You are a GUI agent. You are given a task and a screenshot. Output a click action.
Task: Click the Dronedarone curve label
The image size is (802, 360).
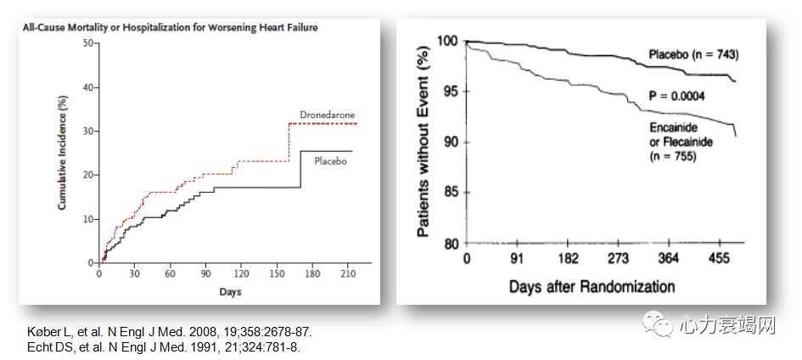click(328, 115)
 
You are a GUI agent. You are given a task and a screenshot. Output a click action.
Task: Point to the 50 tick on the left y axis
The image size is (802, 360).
click(89, 43)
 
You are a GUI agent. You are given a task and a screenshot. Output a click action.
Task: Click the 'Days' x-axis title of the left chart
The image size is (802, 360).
click(229, 292)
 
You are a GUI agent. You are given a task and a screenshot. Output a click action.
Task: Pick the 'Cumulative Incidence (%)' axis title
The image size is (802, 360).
click(64, 154)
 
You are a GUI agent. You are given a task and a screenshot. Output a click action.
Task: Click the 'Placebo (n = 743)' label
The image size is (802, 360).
click(694, 55)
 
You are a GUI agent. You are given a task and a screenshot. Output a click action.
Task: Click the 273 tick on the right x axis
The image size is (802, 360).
click(619, 258)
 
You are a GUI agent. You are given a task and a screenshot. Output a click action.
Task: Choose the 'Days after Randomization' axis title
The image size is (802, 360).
click(592, 286)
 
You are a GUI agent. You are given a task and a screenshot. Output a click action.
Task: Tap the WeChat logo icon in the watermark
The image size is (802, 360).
click(655, 324)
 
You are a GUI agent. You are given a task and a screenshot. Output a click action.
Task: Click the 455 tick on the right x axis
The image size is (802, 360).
click(721, 258)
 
